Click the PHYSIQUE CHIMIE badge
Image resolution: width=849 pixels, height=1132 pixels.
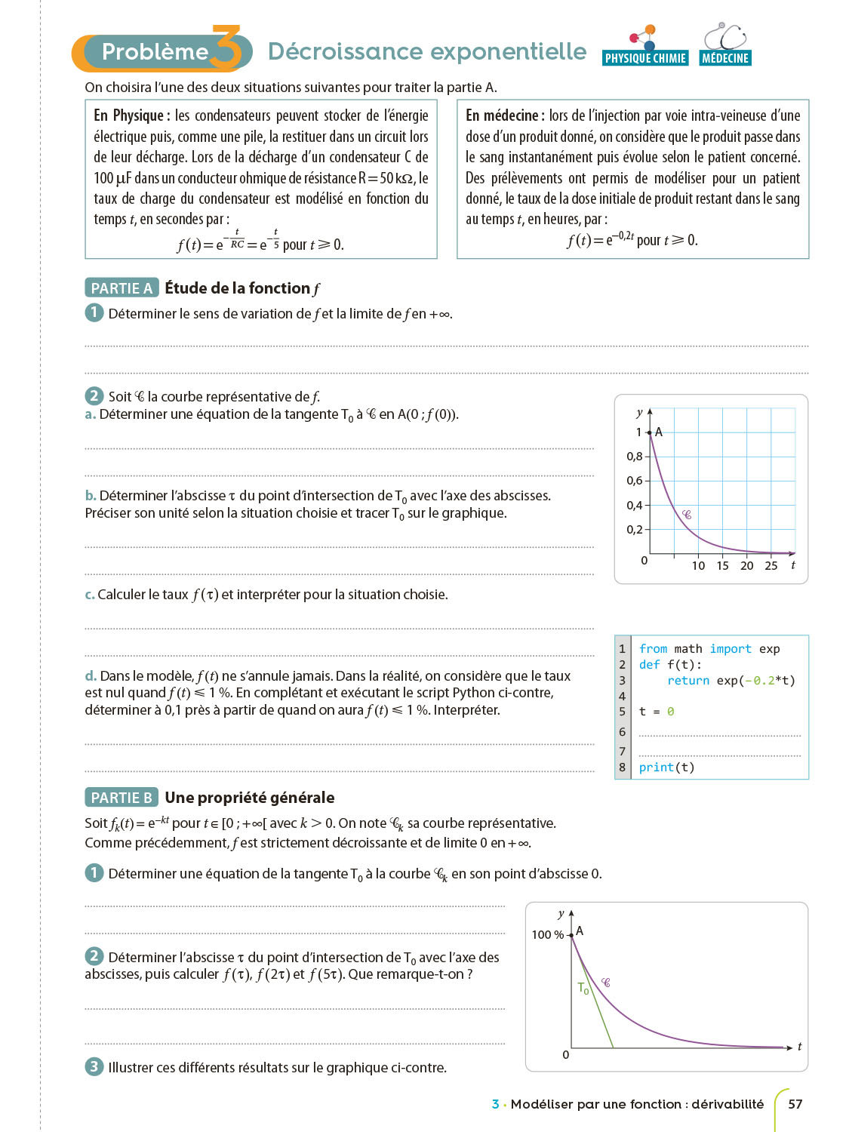coord(645,58)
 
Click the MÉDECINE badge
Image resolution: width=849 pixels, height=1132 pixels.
coord(724,58)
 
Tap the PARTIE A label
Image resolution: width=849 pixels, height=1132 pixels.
coord(122,288)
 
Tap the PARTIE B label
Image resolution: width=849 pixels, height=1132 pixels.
coord(122,798)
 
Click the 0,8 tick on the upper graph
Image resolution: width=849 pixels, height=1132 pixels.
coord(635,457)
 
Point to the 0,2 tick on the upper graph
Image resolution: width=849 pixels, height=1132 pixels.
coord(635,530)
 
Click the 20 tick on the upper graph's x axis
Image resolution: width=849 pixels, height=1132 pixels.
coord(746,566)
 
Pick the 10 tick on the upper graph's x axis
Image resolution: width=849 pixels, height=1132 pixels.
coord(698,566)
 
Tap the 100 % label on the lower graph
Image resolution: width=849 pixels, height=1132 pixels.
coord(547,935)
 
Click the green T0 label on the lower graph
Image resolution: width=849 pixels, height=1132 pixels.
coord(583,988)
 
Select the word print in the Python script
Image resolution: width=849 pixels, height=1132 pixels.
coord(656,767)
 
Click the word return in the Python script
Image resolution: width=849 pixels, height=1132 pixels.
coord(688,681)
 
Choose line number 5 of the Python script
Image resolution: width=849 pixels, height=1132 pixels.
coord(622,712)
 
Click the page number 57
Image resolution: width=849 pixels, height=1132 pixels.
coord(795,1104)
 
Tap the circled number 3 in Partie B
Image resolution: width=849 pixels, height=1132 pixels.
coord(94,1066)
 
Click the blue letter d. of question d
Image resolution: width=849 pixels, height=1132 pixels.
coord(91,676)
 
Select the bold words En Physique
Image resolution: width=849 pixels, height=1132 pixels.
coord(128,115)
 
